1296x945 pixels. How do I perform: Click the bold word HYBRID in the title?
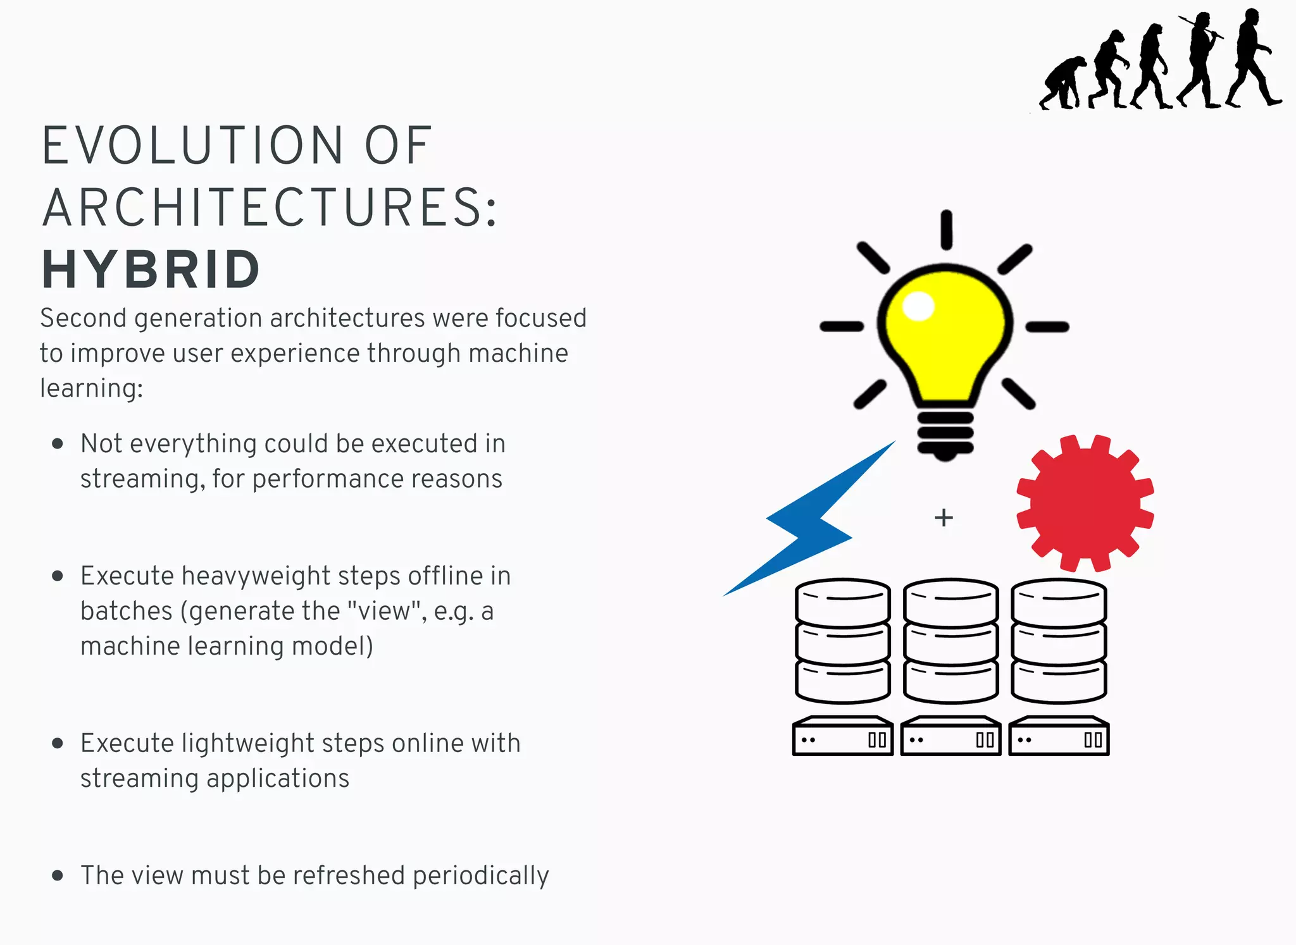(151, 270)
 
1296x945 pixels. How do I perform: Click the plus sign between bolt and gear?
(944, 517)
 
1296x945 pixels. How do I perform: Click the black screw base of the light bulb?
(945, 433)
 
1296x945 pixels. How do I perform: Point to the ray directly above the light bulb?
(946, 229)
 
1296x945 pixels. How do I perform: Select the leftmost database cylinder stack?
(842, 640)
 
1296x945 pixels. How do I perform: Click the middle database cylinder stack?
(950, 640)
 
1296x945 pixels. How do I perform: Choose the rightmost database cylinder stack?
(1059, 640)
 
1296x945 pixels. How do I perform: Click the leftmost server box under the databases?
(842, 737)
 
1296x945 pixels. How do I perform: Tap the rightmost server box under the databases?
(1059, 737)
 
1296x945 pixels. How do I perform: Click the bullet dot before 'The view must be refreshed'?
(58, 875)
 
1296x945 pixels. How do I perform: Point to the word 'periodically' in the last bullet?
(480, 876)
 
